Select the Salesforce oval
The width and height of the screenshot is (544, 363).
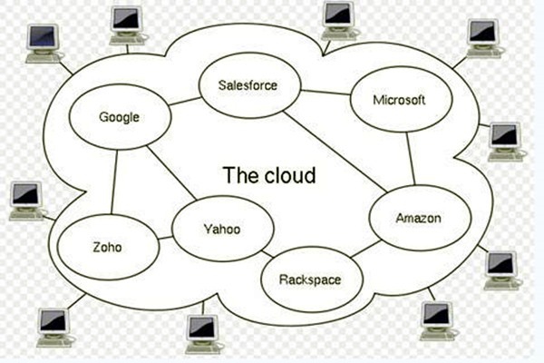(x=248, y=86)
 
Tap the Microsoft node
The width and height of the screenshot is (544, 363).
(x=398, y=100)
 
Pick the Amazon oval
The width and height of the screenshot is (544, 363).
(x=418, y=219)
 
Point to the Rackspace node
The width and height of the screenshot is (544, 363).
(x=309, y=279)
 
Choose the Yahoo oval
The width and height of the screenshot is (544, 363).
(x=222, y=229)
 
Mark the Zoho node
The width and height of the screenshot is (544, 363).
(x=107, y=248)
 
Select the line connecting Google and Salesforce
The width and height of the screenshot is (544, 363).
(x=184, y=101)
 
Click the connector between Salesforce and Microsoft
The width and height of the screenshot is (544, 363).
(x=325, y=92)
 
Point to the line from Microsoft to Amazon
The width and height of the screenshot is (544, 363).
(x=411, y=158)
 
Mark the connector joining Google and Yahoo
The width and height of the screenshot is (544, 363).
(x=172, y=172)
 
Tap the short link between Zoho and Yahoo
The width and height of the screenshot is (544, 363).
(x=165, y=239)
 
